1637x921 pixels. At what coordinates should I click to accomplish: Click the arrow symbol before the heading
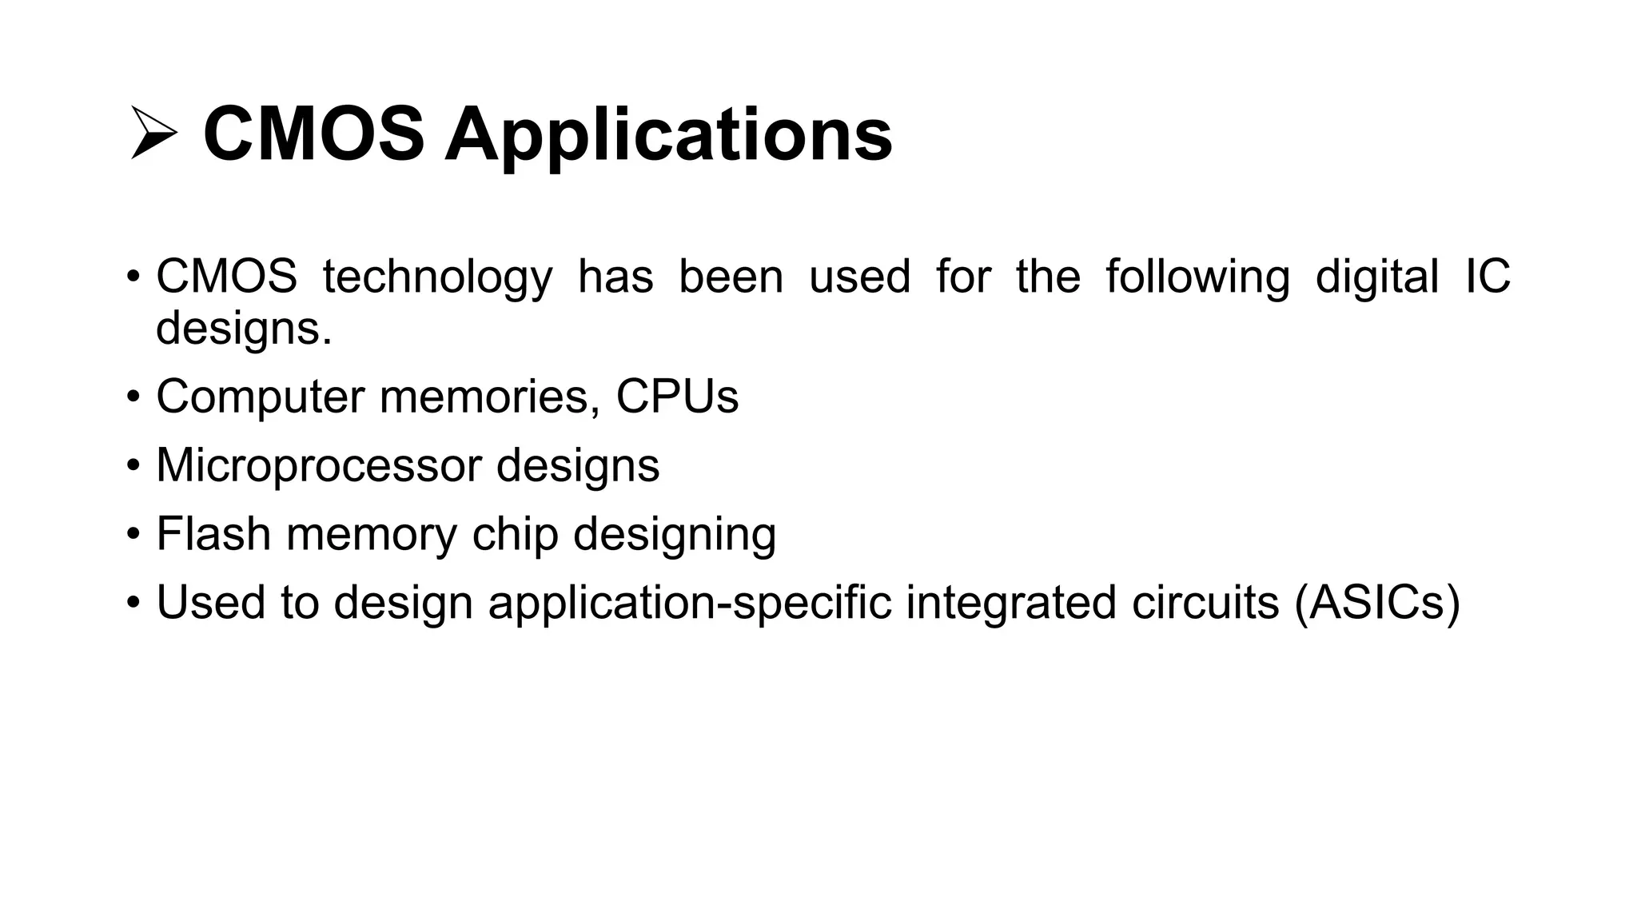(153, 134)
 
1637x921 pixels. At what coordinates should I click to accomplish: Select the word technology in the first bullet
(437, 277)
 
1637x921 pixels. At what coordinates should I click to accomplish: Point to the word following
(1197, 277)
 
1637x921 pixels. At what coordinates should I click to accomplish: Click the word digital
(1376, 277)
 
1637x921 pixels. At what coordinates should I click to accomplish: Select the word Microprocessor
(318, 465)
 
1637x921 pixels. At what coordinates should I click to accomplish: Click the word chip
(515, 534)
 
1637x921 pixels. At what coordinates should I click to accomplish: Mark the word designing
(675, 534)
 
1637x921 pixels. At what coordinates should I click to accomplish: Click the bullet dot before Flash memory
(133, 534)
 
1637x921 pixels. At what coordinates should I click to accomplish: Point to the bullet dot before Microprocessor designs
(133, 465)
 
